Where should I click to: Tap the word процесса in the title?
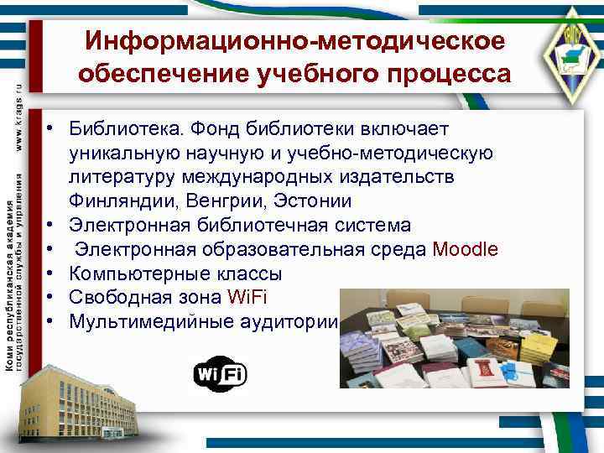click(x=443, y=75)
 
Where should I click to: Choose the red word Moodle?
click(x=465, y=250)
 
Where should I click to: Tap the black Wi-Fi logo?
click(x=221, y=374)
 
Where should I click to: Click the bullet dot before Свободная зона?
click(x=52, y=297)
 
